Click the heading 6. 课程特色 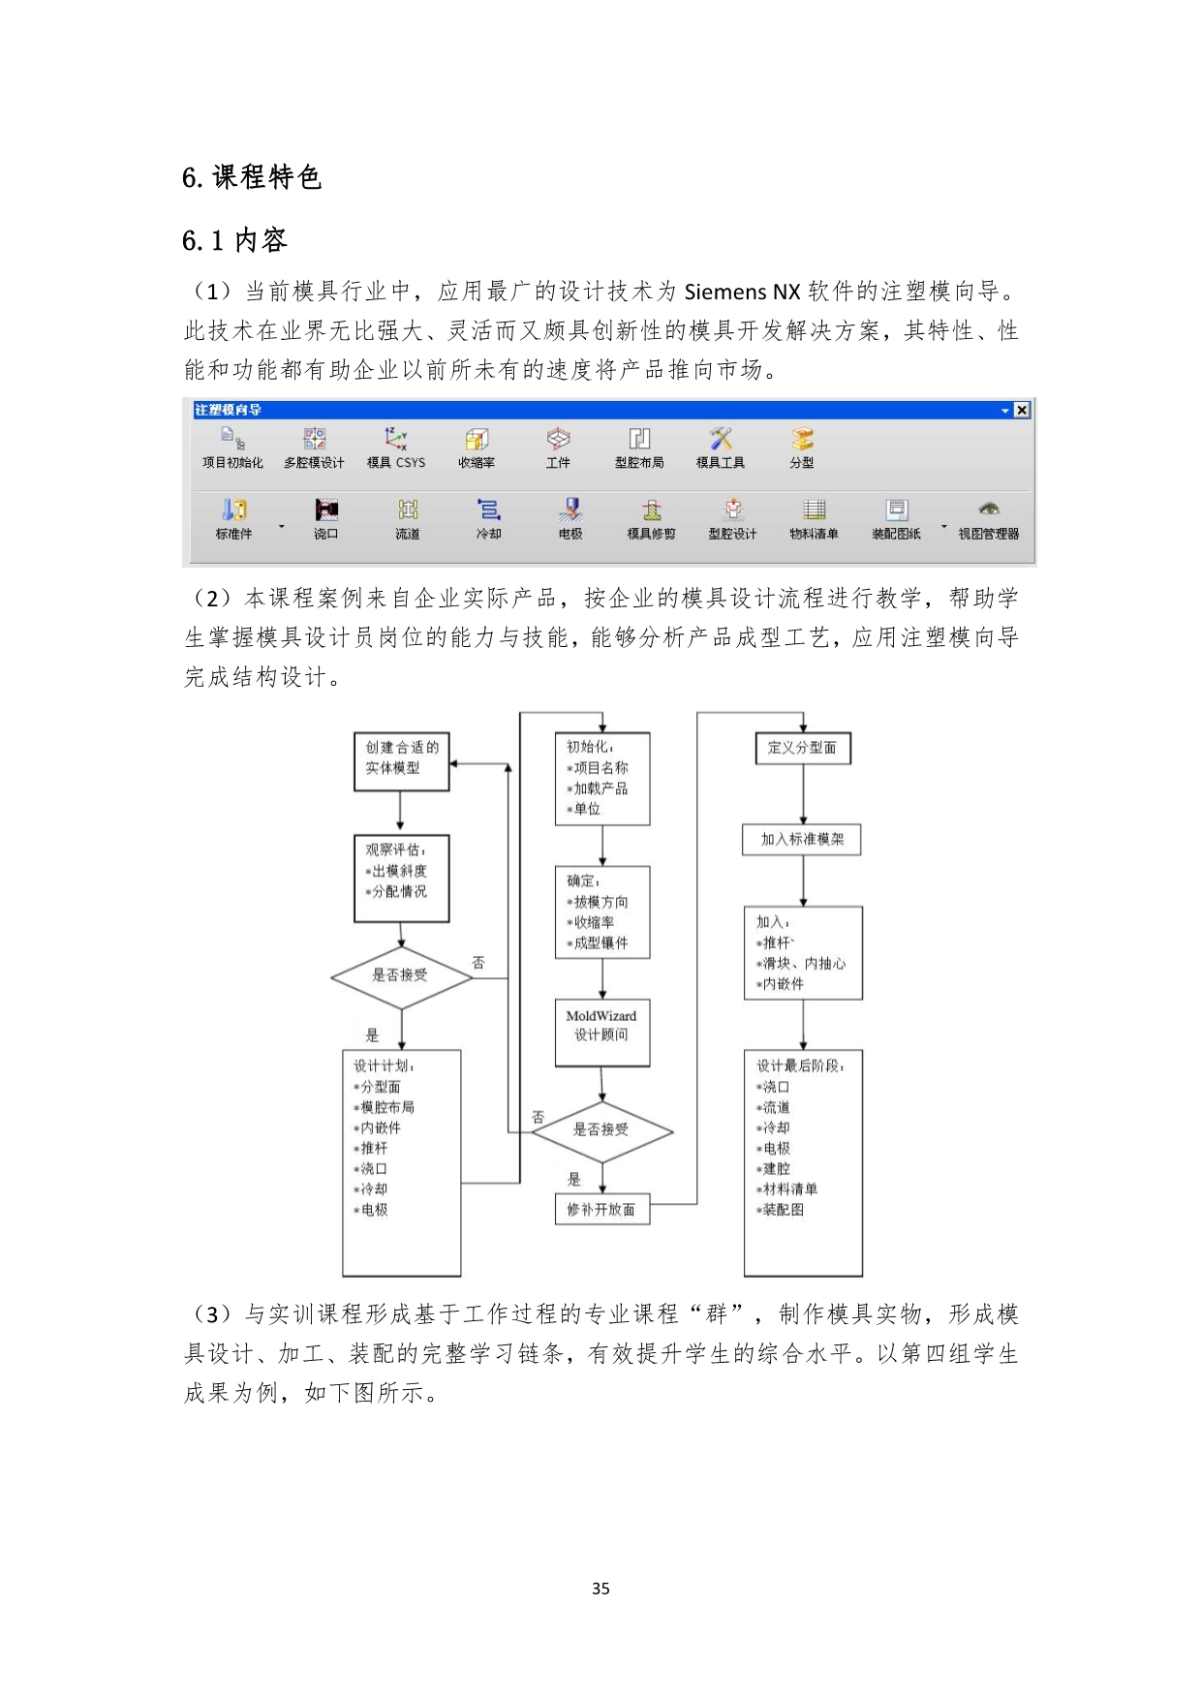click(251, 177)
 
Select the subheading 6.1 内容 click(234, 240)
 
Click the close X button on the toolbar click(1021, 411)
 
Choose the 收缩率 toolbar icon click(477, 439)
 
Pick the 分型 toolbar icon click(802, 439)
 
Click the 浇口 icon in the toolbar click(326, 509)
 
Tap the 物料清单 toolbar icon click(815, 509)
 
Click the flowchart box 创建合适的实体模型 click(402, 761)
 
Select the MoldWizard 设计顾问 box click(601, 1033)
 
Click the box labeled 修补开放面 click(601, 1210)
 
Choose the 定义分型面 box click(803, 748)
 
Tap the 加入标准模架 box click(803, 839)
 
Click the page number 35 click(600, 1589)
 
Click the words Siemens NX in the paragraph click(742, 292)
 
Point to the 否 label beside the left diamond click(478, 963)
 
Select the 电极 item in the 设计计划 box click(373, 1210)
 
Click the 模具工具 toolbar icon click(721, 439)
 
